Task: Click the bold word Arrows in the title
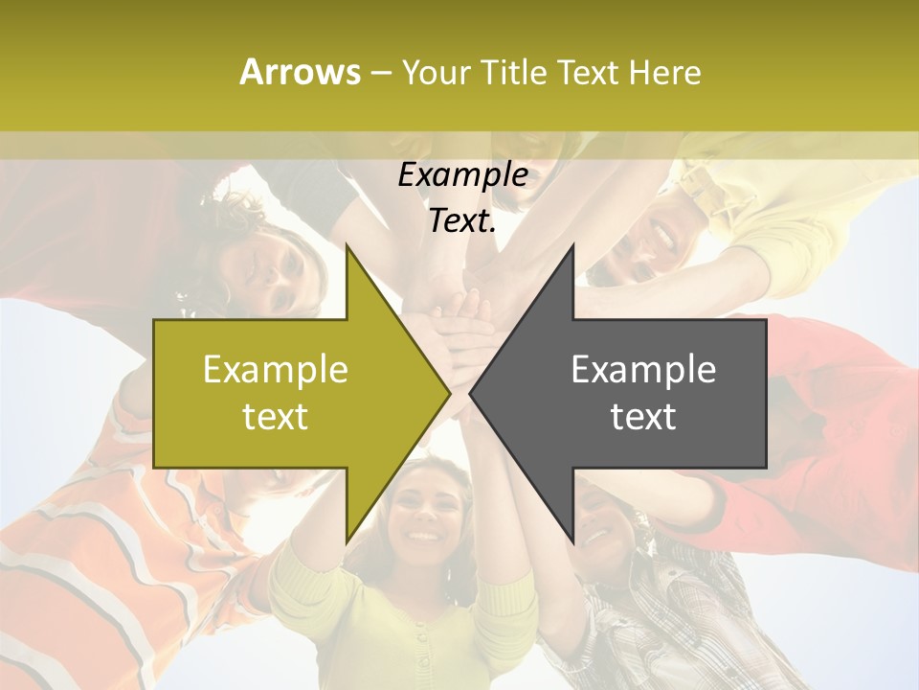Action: [300, 72]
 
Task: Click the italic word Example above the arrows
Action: [462, 174]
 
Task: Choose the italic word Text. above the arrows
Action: [462, 220]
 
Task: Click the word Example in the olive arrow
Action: [276, 369]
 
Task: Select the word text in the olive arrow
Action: [276, 417]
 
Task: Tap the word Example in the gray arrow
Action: [643, 369]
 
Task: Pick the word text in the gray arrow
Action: [643, 417]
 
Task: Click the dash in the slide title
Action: [380, 72]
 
